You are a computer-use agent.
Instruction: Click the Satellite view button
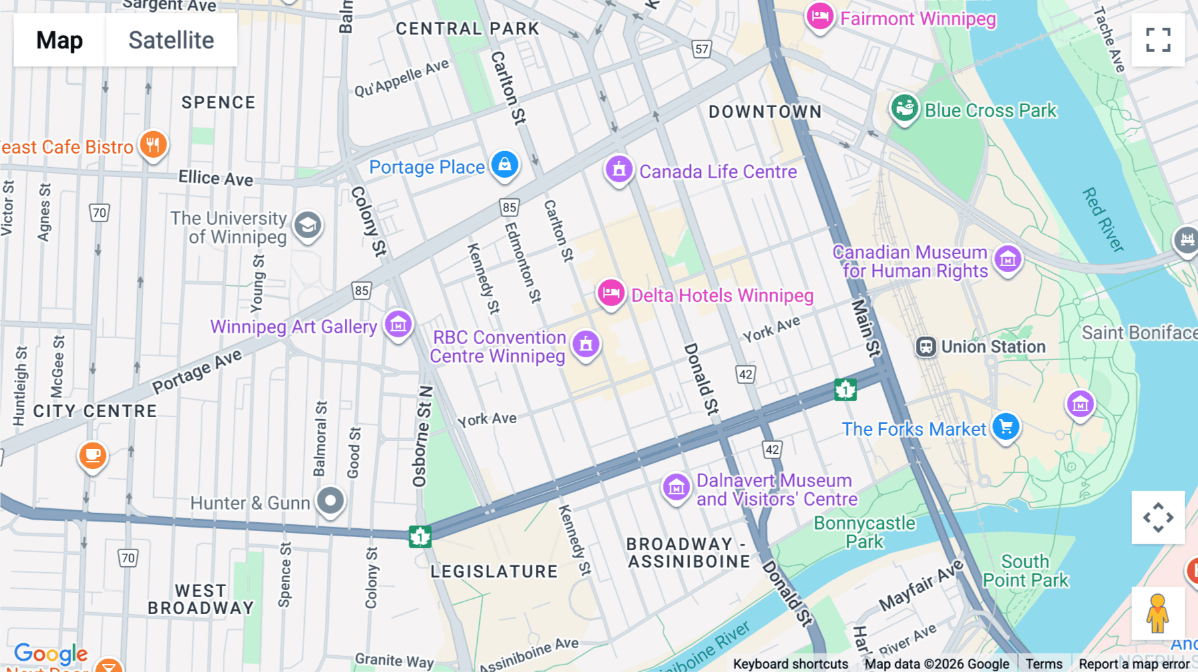[171, 40]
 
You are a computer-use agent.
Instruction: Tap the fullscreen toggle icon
[1158, 40]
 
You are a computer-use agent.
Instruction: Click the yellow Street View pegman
[1157, 613]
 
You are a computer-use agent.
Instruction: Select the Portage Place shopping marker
[504, 164]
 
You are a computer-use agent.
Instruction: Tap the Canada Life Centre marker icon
[618, 170]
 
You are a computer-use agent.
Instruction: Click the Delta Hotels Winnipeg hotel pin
[610, 293]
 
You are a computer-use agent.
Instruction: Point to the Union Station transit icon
[926, 347]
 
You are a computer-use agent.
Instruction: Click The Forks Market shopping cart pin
[1006, 426]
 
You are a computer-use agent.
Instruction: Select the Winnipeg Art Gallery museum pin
[398, 325]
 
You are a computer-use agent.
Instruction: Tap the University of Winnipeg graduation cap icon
[307, 226]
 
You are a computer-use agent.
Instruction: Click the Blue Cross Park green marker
[904, 108]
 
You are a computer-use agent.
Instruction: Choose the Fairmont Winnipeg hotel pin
[819, 16]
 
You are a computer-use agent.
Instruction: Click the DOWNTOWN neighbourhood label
[765, 112]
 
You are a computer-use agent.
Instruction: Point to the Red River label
[1102, 220]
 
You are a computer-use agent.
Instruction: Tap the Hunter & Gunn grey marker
[330, 500]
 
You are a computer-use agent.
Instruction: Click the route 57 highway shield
[701, 49]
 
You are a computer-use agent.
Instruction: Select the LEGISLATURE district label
[494, 572]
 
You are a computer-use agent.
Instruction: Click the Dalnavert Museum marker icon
[676, 488]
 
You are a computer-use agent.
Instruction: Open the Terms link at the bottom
[1044, 663]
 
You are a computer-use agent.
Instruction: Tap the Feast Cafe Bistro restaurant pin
[153, 144]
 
